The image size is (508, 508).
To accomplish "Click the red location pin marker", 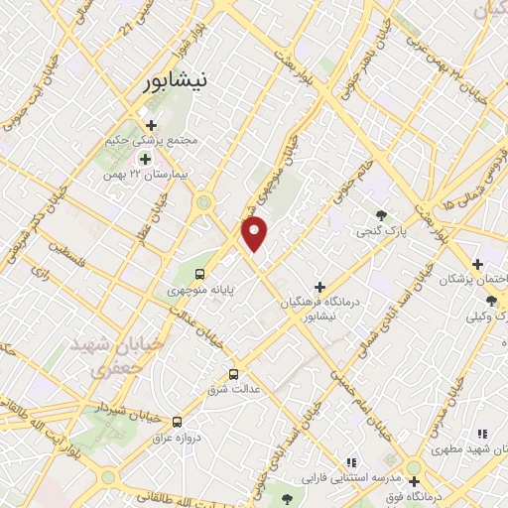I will (x=256, y=234).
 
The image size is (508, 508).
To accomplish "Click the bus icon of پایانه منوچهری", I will (x=200, y=274).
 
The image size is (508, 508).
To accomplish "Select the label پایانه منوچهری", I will (x=190, y=292).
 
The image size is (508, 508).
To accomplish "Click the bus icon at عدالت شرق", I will (x=233, y=374).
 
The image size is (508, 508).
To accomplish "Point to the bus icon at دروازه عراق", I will (x=177, y=421).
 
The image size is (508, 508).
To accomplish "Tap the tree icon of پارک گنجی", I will (x=382, y=214).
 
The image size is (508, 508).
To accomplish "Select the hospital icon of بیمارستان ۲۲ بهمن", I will (x=146, y=159).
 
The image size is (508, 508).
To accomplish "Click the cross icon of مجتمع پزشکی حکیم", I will (x=151, y=125).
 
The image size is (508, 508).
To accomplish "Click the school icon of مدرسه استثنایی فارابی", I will (x=350, y=461).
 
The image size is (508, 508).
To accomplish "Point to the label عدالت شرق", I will (x=238, y=390).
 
